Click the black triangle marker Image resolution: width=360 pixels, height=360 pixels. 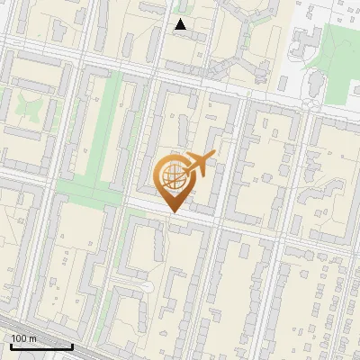click(x=180, y=24)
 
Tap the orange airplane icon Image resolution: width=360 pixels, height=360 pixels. click(x=200, y=165)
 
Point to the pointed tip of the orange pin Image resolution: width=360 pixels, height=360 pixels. click(x=173, y=212)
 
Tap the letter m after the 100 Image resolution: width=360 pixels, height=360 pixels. click(x=33, y=338)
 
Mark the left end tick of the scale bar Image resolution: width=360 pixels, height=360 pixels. click(x=11, y=346)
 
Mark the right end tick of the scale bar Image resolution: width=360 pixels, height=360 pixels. click(x=72, y=346)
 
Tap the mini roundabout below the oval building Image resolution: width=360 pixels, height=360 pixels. click(x=310, y=104)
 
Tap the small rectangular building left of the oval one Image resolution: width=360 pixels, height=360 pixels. click(x=283, y=83)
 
